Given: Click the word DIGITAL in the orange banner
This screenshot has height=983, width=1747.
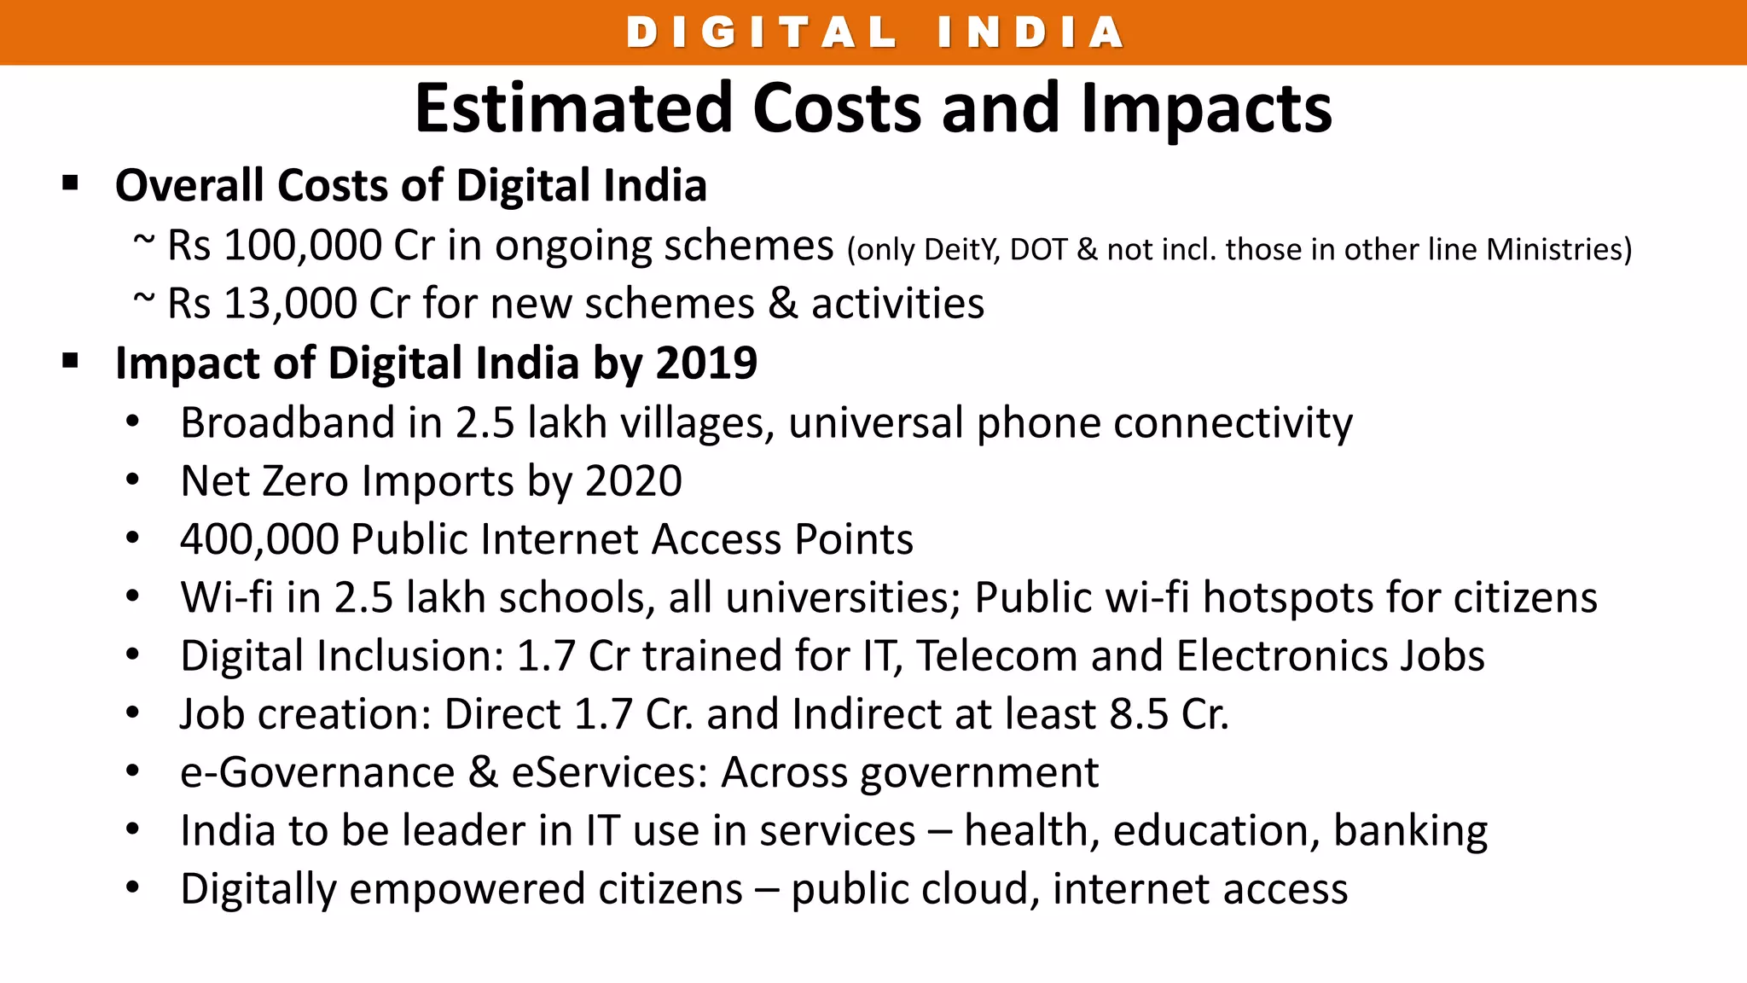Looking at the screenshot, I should point(762,33).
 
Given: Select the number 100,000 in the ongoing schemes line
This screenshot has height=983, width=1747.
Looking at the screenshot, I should point(302,246).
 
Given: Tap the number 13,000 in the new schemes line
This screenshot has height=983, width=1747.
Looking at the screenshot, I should point(289,304).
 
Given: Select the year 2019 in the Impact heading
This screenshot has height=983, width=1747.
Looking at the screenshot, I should point(706,363).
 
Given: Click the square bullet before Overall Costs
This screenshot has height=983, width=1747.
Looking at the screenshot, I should point(71,183).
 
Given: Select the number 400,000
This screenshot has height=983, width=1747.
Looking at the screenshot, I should point(259,540).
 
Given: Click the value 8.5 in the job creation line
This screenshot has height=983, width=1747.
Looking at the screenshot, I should point(1138,714).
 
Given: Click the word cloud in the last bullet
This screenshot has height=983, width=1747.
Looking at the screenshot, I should point(966,889).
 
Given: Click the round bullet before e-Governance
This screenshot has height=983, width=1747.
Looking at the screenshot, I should point(132,771).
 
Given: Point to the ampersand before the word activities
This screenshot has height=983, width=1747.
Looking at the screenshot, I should point(782,304).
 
